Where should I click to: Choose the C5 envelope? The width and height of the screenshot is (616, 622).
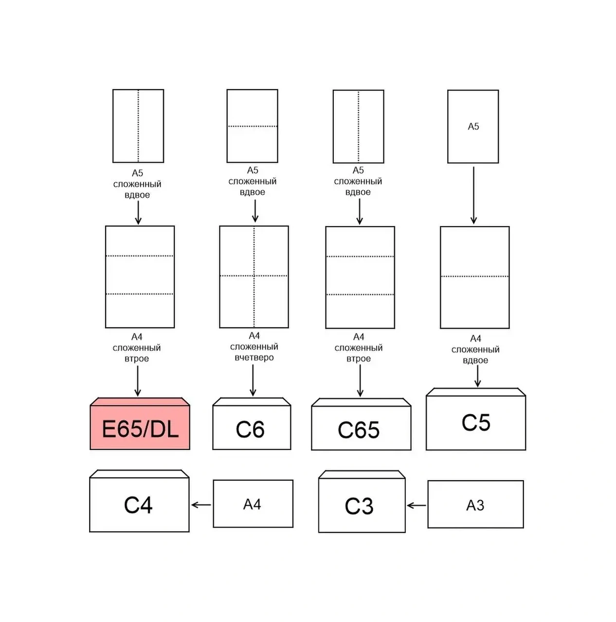tap(475, 422)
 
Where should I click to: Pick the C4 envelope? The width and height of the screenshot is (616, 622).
tap(139, 504)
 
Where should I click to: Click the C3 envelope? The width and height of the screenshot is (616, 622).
tap(362, 505)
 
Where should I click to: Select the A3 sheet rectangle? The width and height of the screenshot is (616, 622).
tap(475, 504)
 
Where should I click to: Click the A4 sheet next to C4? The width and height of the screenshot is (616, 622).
tap(253, 504)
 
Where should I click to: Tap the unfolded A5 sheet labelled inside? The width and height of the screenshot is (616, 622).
tap(473, 126)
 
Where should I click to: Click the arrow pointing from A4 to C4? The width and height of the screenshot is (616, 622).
tap(201, 505)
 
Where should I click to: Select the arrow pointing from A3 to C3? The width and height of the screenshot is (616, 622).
tap(416, 505)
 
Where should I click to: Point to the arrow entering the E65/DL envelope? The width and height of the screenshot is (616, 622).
tap(138, 381)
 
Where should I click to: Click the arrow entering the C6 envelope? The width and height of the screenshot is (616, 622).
tap(253, 380)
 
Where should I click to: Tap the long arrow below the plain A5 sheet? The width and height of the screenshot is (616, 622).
tap(473, 195)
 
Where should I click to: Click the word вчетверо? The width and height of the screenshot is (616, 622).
tap(254, 358)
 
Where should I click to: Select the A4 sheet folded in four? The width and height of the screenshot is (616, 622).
tap(254, 276)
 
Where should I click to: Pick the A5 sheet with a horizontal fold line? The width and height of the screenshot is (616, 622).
tap(252, 126)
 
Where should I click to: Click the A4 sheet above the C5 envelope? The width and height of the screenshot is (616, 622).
tap(474, 277)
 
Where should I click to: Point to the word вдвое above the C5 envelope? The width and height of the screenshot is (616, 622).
tap(475, 360)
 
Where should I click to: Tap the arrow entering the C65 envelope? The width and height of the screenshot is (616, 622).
tap(360, 381)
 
